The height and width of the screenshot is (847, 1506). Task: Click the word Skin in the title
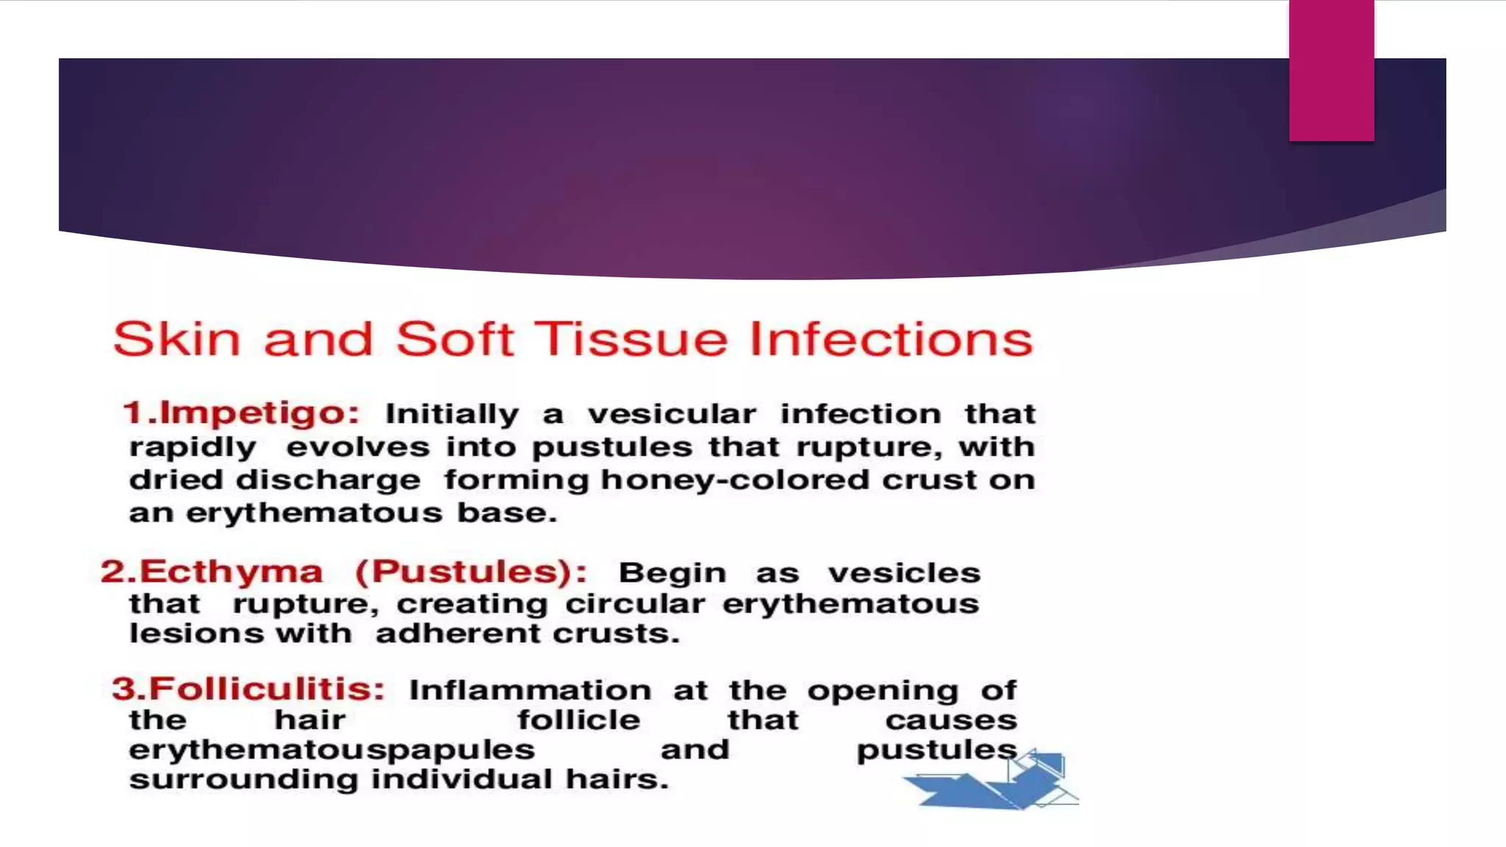(x=176, y=340)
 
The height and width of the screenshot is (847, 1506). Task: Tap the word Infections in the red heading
(x=891, y=340)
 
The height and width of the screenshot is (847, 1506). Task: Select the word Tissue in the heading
(x=630, y=340)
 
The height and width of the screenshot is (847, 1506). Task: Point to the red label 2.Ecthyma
(x=212, y=572)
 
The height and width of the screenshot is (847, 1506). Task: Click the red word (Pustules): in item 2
(x=471, y=572)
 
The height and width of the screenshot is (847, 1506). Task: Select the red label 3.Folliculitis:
(x=249, y=690)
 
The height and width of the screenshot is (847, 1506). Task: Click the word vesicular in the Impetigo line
(x=671, y=414)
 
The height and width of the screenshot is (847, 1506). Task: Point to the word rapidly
(x=193, y=448)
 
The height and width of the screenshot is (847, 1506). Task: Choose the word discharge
(x=328, y=480)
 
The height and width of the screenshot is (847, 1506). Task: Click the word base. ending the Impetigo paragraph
(x=507, y=512)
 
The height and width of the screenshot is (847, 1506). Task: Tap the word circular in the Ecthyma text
(x=635, y=604)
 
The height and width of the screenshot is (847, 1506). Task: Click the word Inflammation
(x=530, y=690)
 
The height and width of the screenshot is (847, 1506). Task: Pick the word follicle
(x=579, y=720)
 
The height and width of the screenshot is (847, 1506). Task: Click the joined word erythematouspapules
(x=332, y=750)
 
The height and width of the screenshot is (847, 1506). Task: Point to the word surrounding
(x=243, y=779)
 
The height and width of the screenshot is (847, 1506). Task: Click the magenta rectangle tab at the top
(x=1331, y=70)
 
